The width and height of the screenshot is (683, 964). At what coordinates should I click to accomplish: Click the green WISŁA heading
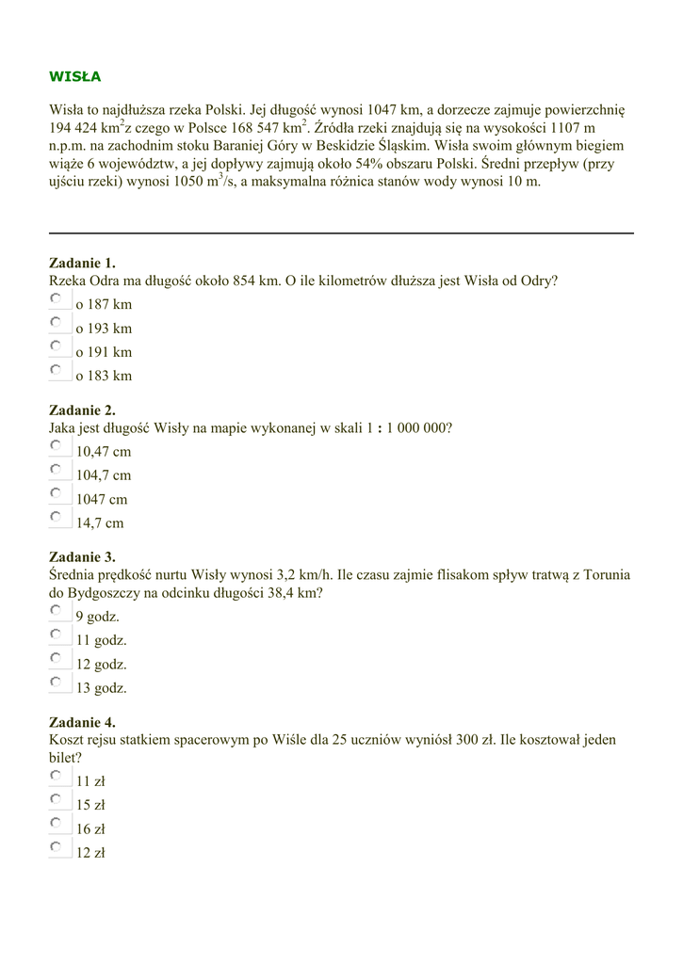tap(74, 76)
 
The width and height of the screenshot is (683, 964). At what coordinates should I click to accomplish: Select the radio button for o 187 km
tap(56, 299)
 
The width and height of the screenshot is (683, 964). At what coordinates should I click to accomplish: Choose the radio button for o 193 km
tap(56, 323)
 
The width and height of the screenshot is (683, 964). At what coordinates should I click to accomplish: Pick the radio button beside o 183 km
tap(56, 370)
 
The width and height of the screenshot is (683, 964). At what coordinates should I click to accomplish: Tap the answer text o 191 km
tap(104, 352)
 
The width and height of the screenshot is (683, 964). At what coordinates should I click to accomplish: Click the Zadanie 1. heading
tap(82, 263)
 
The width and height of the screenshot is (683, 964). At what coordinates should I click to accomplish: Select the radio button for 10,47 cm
tap(56, 446)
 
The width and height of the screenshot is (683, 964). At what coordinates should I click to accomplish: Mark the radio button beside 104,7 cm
tap(56, 470)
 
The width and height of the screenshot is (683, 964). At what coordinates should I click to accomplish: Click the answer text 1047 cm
tap(102, 499)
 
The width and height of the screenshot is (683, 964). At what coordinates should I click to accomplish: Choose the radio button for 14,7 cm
tap(56, 517)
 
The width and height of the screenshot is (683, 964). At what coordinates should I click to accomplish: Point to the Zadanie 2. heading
tap(82, 410)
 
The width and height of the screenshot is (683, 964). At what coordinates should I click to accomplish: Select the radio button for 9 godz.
tap(56, 611)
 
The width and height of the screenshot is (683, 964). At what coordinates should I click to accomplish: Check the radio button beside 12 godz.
tap(56, 658)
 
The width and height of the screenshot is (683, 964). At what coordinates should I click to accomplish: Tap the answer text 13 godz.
tap(102, 687)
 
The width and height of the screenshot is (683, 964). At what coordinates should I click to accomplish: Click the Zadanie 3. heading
tap(82, 556)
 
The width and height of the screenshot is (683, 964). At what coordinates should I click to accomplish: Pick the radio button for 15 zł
tap(56, 799)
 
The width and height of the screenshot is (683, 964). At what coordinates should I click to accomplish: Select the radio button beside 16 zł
tap(56, 824)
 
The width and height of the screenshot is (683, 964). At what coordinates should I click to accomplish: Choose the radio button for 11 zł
tap(56, 776)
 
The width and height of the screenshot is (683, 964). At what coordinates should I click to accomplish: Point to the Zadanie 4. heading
tap(82, 722)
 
